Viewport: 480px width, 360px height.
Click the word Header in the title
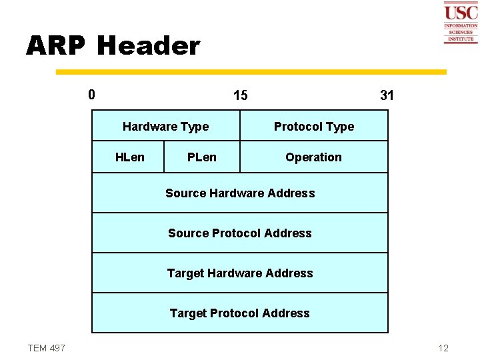coord(148,46)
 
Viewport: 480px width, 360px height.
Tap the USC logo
coord(461,12)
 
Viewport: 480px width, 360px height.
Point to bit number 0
coord(91,94)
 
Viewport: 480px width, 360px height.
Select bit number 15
coord(241,95)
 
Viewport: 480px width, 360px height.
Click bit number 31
coord(387,95)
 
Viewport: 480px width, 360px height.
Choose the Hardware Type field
coord(165,127)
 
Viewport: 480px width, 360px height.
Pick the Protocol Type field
coord(314,127)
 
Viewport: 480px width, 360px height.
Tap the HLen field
coord(129,157)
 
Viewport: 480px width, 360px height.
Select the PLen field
coord(201,157)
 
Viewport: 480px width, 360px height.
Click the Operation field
coord(313,157)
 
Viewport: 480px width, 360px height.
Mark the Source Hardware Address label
coord(240,193)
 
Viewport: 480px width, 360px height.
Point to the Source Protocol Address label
coord(240,233)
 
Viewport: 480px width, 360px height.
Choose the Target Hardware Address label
coord(240,273)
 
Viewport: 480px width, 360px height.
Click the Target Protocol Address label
coord(240,313)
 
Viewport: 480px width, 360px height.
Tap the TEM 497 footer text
coord(47,348)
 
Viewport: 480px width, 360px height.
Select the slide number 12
coord(443,348)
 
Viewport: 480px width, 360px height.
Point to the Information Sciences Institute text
coord(461,32)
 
